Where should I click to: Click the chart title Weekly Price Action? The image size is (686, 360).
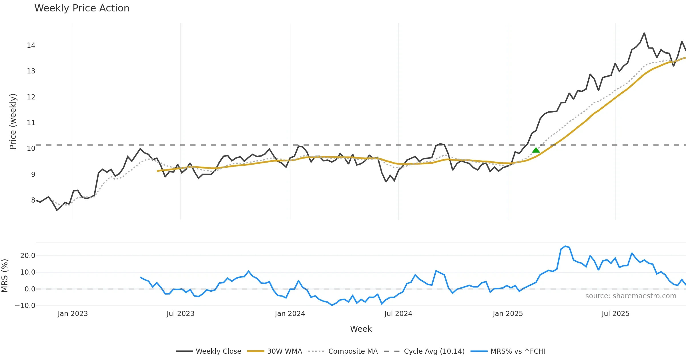[82, 8]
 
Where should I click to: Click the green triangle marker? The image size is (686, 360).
[536, 150]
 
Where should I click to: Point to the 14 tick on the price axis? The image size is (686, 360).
[31, 45]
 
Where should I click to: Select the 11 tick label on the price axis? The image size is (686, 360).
[31, 123]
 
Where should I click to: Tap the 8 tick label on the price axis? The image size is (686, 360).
[33, 200]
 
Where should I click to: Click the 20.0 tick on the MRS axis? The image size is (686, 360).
[28, 256]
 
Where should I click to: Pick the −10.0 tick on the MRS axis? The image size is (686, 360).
[25, 306]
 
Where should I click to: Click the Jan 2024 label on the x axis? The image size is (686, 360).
[290, 314]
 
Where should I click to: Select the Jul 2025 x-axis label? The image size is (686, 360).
[615, 314]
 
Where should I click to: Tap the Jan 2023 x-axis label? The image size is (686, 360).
[73, 314]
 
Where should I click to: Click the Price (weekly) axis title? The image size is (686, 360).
[13, 121]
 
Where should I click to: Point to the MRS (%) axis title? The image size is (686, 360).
[5, 276]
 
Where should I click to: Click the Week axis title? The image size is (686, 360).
[361, 329]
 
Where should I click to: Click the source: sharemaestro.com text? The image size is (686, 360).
[631, 296]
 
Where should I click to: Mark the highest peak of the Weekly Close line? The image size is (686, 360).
[644, 33]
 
